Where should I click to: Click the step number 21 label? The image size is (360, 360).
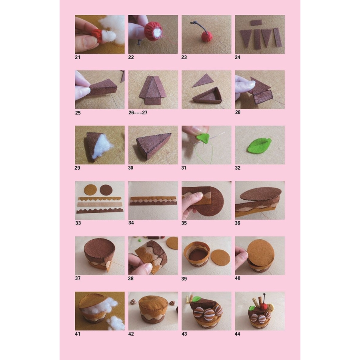[x=78, y=57]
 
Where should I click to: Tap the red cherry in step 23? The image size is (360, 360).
[x=207, y=36]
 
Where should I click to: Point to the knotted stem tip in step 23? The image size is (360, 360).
[x=194, y=22]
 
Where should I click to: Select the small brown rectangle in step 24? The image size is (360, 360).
[x=256, y=22]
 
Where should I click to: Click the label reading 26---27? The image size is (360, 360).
[x=138, y=112]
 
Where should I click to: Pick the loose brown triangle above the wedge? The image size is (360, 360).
[x=203, y=80]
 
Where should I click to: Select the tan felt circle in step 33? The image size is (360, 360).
[x=90, y=190]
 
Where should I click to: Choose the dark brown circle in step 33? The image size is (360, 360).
[x=106, y=190]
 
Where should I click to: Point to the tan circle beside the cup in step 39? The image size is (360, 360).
[x=220, y=257]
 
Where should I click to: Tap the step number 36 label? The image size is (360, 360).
[x=237, y=223]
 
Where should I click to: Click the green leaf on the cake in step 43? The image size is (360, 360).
[x=196, y=299]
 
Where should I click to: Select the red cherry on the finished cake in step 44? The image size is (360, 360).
[x=264, y=306]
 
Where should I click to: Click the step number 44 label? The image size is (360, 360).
[x=237, y=334]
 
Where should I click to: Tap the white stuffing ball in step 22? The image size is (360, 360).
[x=157, y=33]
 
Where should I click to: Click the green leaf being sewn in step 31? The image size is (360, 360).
[x=203, y=138]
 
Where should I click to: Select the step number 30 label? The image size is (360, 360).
[x=131, y=168]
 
